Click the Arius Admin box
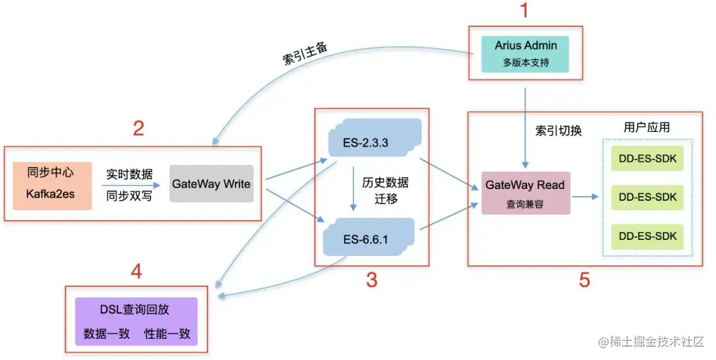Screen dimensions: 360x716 tap(526, 54)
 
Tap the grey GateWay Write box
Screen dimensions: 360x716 tap(211, 184)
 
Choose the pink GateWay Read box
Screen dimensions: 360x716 tap(525, 193)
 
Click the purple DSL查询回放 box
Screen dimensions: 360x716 tap(136, 320)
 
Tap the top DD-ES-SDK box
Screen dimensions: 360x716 tap(647, 159)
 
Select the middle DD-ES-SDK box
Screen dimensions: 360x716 tap(647, 197)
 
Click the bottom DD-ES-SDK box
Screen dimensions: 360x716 tap(647, 235)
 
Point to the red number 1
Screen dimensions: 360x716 tap(524, 11)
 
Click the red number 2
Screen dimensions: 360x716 tap(138, 127)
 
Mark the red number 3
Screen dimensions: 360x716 tap(371, 280)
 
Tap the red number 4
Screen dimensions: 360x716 tap(136, 271)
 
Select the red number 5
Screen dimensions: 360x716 tap(584, 280)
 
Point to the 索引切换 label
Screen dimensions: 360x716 tap(559, 131)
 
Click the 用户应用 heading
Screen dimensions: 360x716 tap(646, 127)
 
